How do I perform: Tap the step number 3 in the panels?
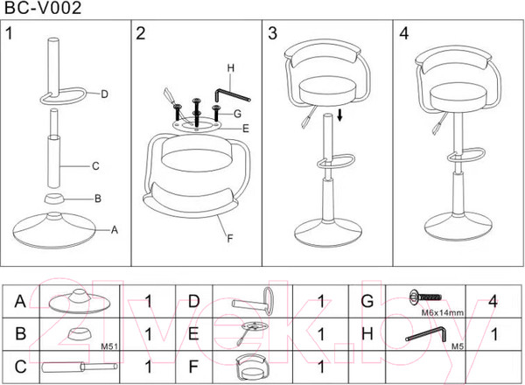tap(273, 34)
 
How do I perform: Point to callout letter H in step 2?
tap(231, 67)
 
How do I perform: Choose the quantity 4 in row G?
tap(494, 301)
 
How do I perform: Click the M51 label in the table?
tap(109, 345)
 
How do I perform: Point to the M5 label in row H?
tap(456, 346)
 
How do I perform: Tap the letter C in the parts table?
tap(19, 366)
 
